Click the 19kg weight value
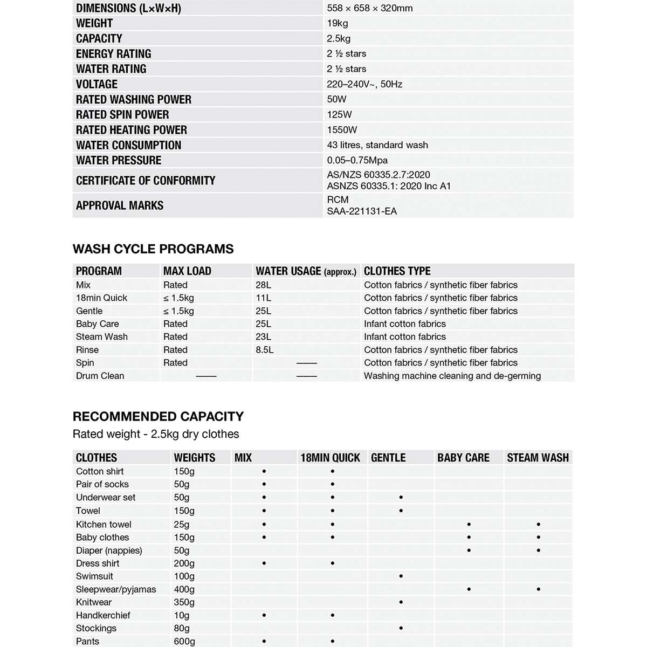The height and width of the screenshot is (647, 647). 338,23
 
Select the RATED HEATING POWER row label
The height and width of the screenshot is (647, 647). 132,130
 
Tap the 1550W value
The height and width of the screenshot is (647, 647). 342,130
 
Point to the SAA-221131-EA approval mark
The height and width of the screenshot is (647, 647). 362,211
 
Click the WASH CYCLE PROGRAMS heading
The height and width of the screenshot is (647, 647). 153,249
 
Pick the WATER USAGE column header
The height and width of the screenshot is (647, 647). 306,271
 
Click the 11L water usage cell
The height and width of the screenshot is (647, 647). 264,298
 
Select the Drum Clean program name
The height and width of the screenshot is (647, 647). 100,376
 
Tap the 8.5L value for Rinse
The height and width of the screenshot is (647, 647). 265,350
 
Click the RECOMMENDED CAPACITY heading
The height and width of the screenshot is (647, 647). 158,416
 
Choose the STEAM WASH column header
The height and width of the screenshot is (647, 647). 538,458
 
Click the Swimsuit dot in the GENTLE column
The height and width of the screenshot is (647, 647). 401,576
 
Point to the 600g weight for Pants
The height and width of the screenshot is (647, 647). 184,641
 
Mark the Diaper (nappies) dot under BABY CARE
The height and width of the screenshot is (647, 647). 469,550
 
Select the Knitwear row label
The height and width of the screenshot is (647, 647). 94,602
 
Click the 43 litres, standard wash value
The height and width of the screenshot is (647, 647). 377,145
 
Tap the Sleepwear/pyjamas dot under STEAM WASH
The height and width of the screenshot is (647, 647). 539,589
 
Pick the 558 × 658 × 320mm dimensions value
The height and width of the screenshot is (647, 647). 370,8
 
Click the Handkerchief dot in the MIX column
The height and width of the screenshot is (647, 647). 264,615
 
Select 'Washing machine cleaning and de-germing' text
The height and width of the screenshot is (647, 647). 452,376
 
